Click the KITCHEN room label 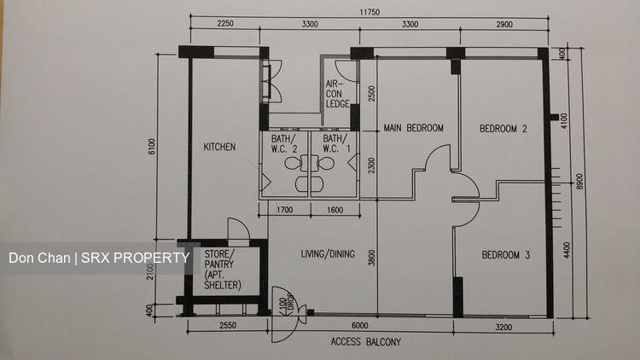tap(219, 147)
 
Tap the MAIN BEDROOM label tap(414, 128)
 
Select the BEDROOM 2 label tap(503, 129)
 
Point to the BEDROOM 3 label tap(506, 255)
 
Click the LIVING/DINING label tap(328, 254)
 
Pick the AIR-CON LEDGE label tap(338, 94)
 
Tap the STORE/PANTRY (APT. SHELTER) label tap(223, 270)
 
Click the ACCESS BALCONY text tap(366, 341)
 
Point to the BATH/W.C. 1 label tap(337, 143)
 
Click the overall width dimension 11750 tap(369, 12)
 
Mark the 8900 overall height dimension tap(580, 181)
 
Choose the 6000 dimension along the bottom tap(359, 325)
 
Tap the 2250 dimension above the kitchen tap(225, 24)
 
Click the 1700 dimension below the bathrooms tap(284, 210)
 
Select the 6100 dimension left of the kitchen tap(152, 147)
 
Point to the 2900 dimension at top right tap(504, 25)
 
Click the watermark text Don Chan tap(39, 258)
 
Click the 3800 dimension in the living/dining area tap(371, 258)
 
